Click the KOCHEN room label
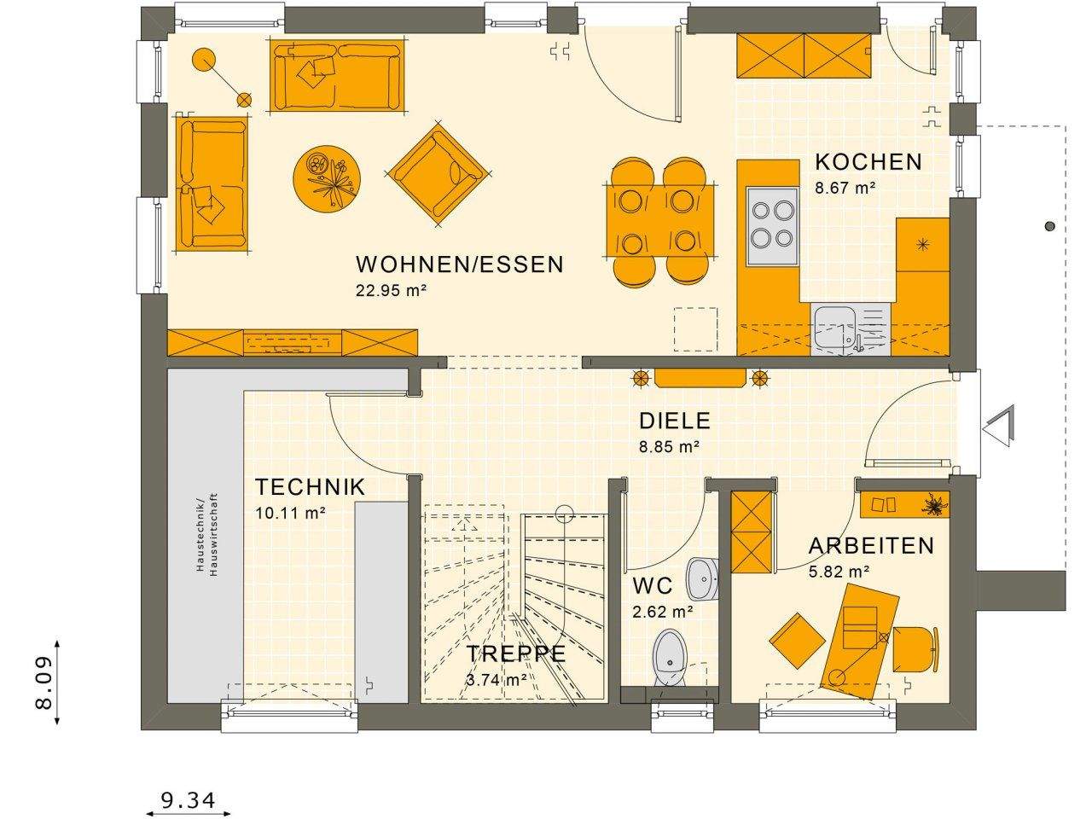[x=868, y=162]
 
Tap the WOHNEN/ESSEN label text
[x=460, y=264]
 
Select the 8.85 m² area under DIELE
[x=669, y=445]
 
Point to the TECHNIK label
[x=311, y=487]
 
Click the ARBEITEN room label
[x=871, y=546]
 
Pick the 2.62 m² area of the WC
[x=662, y=611]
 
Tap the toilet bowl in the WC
[x=670, y=658]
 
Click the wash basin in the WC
[x=705, y=579]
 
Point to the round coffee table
[x=327, y=179]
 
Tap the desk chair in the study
[x=915, y=649]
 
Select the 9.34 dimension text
[x=188, y=800]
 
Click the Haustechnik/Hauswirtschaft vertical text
[x=206, y=533]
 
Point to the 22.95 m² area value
[x=391, y=290]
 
